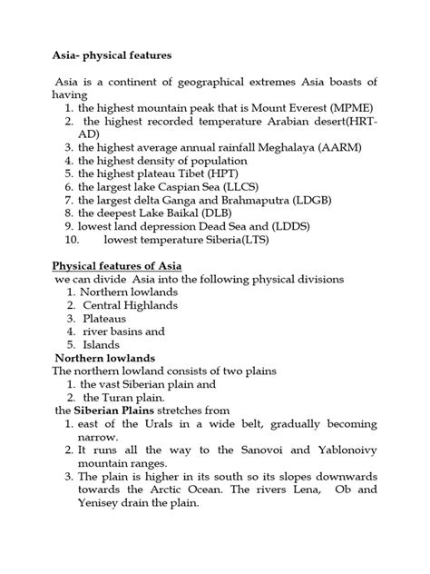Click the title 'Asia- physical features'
pos(112,55)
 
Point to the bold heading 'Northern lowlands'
pos(104,358)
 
